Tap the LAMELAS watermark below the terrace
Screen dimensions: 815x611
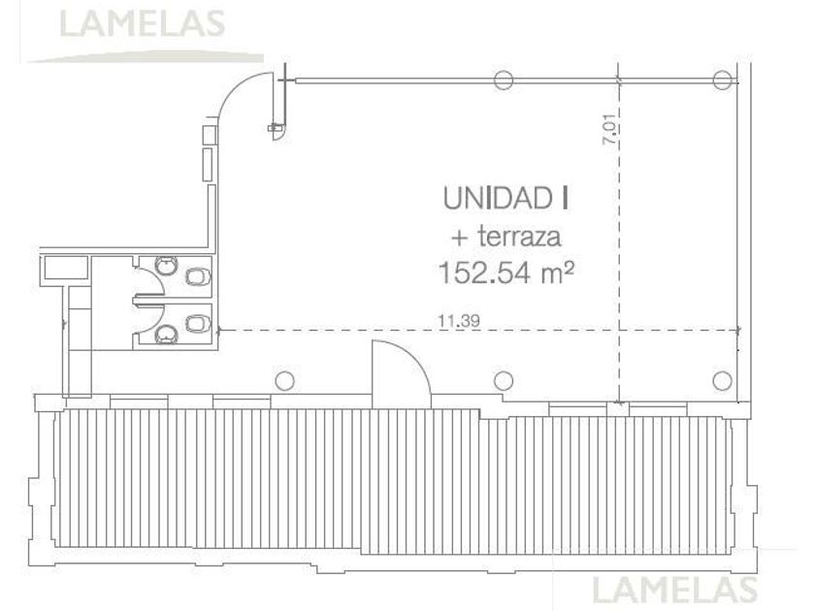(x=674, y=590)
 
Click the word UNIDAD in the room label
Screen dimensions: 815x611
(x=498, y=199)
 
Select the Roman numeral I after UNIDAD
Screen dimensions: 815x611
(x=564, y=199)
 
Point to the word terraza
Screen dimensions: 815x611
(x=519, y=237)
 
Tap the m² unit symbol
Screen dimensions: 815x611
(x=558, y=273)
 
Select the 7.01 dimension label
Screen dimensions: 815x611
(x=610, y=129)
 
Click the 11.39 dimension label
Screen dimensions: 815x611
(x=458, y=321)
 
